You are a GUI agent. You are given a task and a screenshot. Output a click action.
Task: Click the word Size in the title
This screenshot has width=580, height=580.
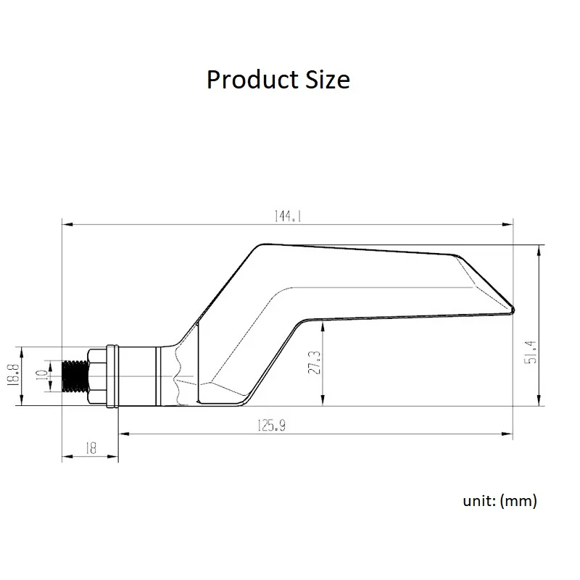click(x=328, y=80)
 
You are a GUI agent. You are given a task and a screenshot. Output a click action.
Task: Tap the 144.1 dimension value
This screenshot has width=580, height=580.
click(x=288, y=216)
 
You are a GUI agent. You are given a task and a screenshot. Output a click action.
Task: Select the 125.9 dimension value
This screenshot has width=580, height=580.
click(x=271, y=426)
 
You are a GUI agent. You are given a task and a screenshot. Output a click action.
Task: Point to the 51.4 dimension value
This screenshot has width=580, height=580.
click(x=531, y=352)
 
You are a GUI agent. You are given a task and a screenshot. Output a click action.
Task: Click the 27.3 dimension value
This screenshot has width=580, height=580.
click(x=315, y=362)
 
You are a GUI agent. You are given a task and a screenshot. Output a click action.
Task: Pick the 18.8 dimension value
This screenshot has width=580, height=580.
click(x=13, y=375)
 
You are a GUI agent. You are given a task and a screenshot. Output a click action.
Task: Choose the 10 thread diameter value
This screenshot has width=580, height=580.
click(x=42, y=376)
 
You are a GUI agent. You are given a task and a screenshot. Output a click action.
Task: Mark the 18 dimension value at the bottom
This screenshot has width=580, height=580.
click(x=91, y=448)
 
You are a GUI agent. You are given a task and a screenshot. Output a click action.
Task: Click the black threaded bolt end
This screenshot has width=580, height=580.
click(x=75, y=376)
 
